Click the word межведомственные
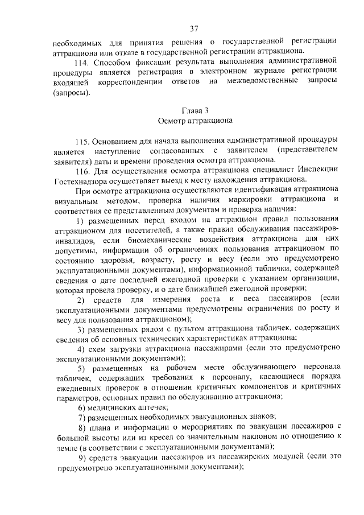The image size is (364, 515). (x=268, y=83)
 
